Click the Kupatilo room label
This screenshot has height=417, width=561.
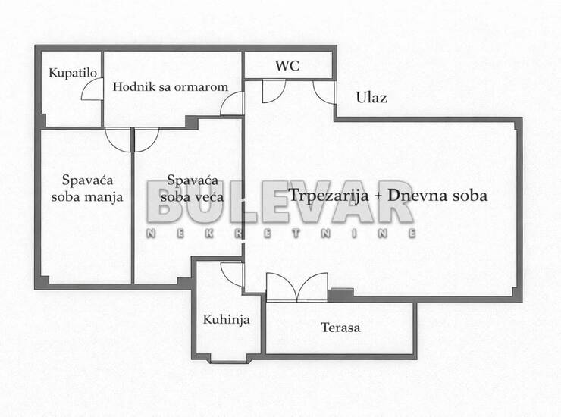pyautogui.click(x=73, y=73)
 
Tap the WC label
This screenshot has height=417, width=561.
pyautogui.click(x=287, y=65)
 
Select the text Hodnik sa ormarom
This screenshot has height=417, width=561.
pyautogui.click(x=171, y=86)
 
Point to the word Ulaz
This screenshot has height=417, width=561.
pyautogui.click(x=371, y=97)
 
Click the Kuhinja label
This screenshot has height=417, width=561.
pyautogui.click(x=226, y=319)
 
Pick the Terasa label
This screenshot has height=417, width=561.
pyautogui.click(x=340, y=328)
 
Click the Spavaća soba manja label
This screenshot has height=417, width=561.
pyautogui.click(x=87, y=188)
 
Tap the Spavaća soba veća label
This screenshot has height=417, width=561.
pyautogui.click(x=192, y=188)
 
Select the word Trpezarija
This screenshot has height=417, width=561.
pyautogui.click(x=328, y=196)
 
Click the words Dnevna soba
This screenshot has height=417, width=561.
pyautogui.click(x=437, y=196)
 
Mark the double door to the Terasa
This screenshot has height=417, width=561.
pyautogui.click(x=297, y=287)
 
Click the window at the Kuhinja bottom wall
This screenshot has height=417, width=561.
pyautogui.click(x=228, y=362)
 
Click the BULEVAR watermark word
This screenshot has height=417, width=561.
pyautogui.click(x=280, y=202)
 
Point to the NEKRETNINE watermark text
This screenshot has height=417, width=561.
pyautogui.click(x=281, y=233)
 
